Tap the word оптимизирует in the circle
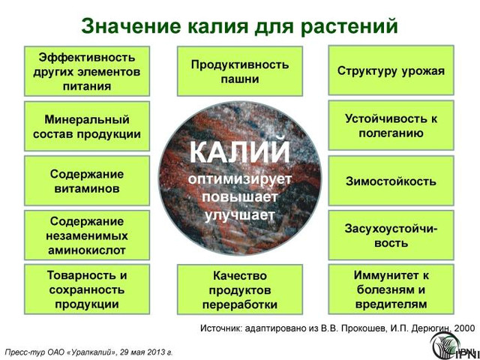[x=239, y=178]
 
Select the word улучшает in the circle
[x=239, y=215]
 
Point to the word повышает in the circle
[x=239, y=196]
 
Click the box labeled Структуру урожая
[x=391, y=70]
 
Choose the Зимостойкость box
[x=391, y=181]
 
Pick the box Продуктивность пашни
[x=240, y=71]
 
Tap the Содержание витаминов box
[x=87, y=181]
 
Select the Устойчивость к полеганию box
[x=391, y=125]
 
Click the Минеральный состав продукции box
[x=87, y=126]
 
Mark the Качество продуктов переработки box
[x=240, y=289]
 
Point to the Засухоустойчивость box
[x=391, y=235]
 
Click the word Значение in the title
[x=131, y=26]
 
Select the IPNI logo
[x=454, y=346]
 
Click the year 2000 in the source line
[x=465, y=328]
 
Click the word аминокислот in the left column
[x=87, y=250]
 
